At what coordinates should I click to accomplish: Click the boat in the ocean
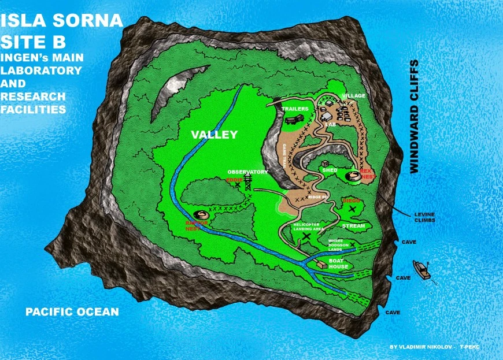(422, 270)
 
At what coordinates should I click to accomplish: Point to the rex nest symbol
(352, 176)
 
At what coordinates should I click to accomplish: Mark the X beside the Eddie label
(237, 185)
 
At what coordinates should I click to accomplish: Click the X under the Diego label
(352, 209)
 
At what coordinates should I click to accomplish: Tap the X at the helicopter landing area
(306, 236)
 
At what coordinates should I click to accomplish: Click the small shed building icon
(326, 164)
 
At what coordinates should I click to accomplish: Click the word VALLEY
(214, 135)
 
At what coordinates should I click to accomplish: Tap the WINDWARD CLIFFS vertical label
(413, 116)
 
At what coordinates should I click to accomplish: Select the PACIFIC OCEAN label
(72, 312)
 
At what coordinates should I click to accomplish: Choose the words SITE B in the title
(33, 41)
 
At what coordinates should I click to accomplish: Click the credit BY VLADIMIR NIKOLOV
(420, 347)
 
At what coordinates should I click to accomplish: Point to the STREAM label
(353, 225)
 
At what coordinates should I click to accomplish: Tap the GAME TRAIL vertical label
(285, 155)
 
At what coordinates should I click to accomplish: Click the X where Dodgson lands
(352, 244)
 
